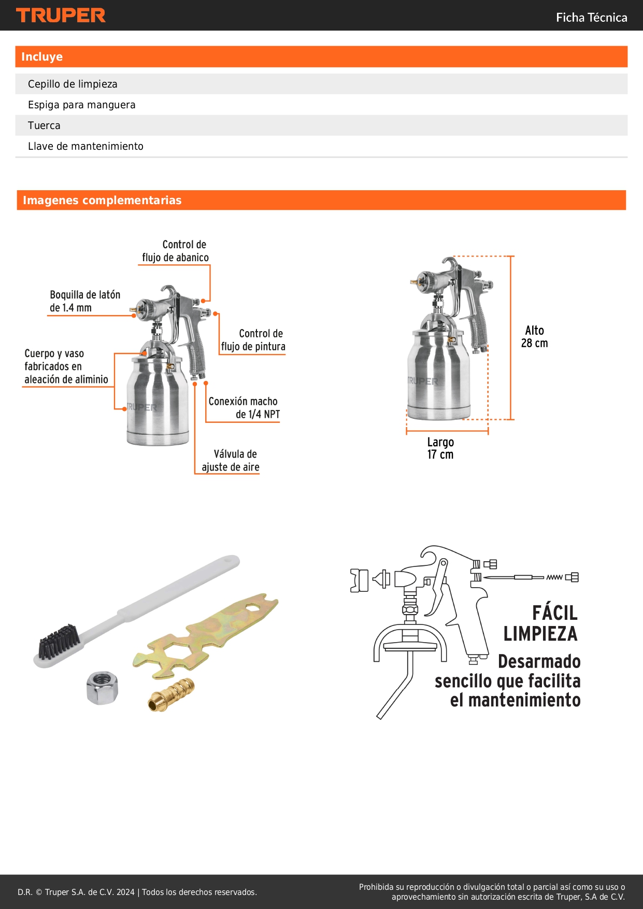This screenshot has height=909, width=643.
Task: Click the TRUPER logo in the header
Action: pos(61,16)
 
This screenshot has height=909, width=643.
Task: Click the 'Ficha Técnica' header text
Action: pos(591,18)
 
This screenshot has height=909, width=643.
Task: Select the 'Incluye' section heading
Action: pos(42,56)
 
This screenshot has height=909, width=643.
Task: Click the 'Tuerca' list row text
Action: pos(44,125)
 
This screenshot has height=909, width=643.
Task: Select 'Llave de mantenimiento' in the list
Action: pos(85,146)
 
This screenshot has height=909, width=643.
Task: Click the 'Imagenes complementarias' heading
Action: pos(102,200)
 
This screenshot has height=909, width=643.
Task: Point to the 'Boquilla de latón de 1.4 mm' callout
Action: pos(85,301)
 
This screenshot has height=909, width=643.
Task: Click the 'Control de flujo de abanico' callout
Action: pos(176,251)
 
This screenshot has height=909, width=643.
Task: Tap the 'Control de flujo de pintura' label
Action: pos(253,340)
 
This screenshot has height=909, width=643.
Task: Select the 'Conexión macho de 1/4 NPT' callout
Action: pos(244,408)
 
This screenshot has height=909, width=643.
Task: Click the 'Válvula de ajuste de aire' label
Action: pos(231,461)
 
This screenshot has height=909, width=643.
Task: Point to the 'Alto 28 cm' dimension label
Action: pos(535,337)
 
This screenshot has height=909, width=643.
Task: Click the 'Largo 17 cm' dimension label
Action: pos(440,448)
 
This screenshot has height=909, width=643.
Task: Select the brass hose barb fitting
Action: pos(171,695)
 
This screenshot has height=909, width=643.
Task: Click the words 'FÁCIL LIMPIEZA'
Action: pos(540,623)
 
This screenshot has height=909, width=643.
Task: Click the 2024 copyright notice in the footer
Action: pos(137,892)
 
